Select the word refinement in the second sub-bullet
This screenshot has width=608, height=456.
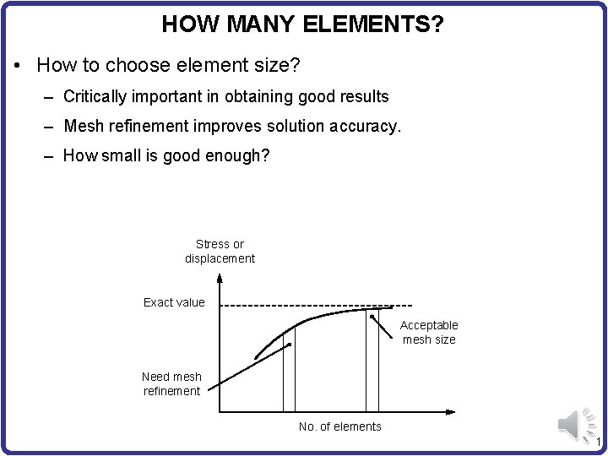pos(140,126)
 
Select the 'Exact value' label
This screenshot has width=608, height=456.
pos(174,302)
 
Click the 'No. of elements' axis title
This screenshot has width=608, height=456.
pos(340,426)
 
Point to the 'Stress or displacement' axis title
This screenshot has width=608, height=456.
pos(220,252)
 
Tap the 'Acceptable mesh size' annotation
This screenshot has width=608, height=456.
pos(429,332)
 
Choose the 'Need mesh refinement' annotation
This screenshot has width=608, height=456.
pos(171,383)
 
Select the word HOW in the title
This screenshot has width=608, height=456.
pos(181,24)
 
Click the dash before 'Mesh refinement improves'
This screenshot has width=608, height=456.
pos(50,127)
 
